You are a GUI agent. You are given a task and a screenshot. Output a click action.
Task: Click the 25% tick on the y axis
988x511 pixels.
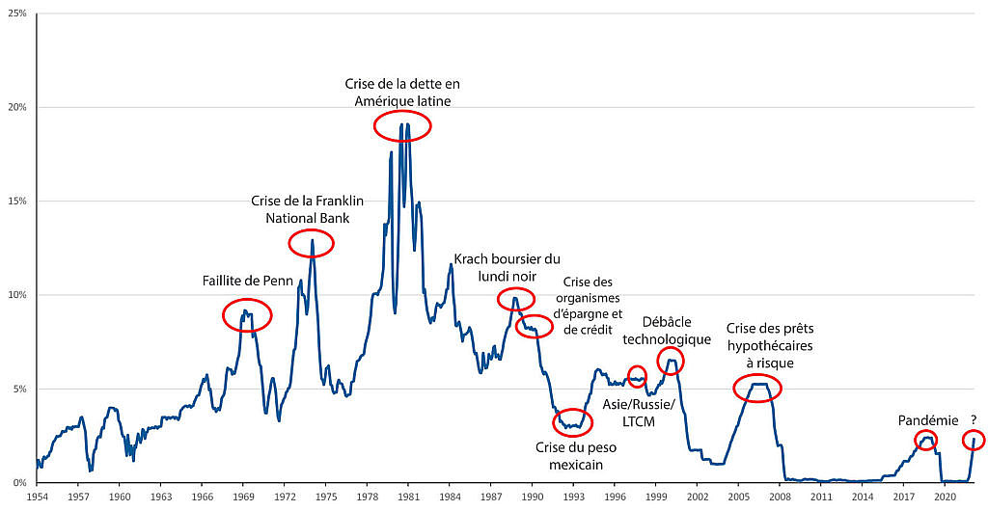(18, 13)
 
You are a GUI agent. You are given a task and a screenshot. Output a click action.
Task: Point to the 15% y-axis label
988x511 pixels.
(18, 202)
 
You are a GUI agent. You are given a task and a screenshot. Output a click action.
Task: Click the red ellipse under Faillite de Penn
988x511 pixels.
(247, 314)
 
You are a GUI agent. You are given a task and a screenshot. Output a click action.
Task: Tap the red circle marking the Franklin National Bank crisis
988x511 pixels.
(311, 244)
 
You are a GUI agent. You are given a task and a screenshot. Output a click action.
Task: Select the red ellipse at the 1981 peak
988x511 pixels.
(401, 125)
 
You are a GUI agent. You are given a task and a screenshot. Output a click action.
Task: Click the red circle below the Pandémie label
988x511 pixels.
(926, 441)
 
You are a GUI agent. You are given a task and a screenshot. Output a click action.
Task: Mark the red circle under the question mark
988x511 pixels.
(974, 441)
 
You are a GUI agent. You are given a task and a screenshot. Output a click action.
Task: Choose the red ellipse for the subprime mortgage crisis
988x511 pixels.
(757, 388)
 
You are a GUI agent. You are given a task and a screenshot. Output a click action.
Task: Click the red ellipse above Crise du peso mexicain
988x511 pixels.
(580, 422)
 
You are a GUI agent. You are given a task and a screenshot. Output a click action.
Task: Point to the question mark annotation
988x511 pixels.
(974, 419)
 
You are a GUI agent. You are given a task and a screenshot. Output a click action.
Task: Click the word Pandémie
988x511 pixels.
(928, 420)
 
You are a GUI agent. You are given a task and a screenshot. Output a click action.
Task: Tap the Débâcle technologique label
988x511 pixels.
(667, 331)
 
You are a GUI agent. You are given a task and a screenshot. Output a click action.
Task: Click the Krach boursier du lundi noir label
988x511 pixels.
(507, 267)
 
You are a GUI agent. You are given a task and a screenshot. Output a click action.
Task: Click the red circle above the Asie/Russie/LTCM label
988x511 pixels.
(637, 376)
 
